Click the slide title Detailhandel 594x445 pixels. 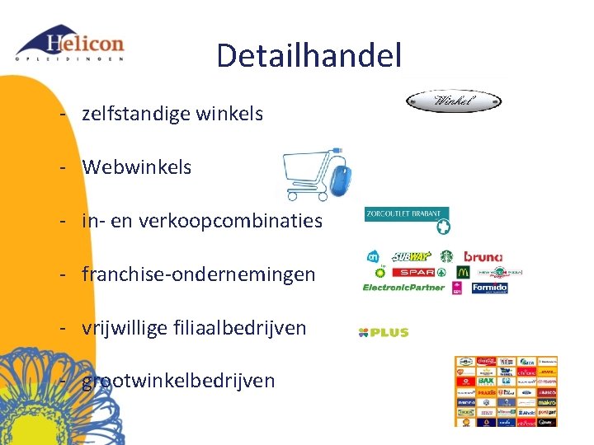tap(309, 56)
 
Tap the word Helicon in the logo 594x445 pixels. tap(86, 43)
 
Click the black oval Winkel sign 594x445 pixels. tap(454, 101)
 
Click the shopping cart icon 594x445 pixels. tap(307, 175)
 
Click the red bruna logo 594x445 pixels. tap(483, 257)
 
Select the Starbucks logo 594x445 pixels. tap(447, 257)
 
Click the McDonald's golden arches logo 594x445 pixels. tap(462, 272)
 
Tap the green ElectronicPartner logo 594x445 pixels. tap(403, 288)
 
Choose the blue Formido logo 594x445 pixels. tap(490, 288)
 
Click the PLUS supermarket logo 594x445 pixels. tap(384, 332)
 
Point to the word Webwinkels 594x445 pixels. tap(137, 167)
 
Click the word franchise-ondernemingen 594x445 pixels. tap(199, 274)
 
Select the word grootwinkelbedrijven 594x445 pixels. tap(178, 380)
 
